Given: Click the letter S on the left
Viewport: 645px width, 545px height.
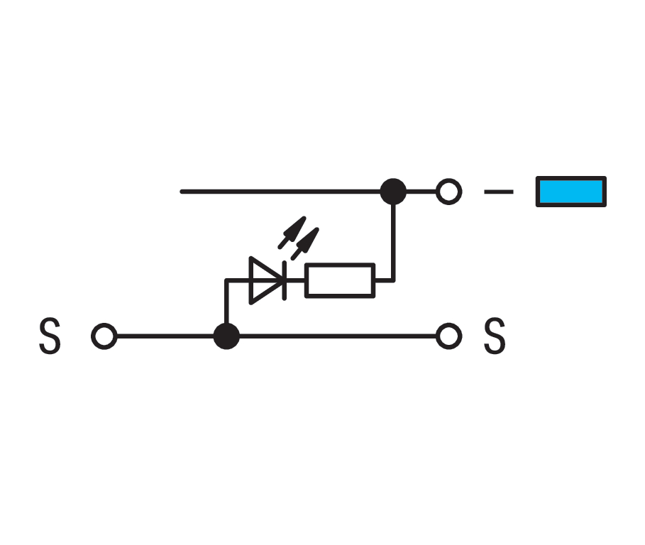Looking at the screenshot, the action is pos(50,336).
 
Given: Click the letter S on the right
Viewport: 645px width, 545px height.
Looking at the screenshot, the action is pos(495,336).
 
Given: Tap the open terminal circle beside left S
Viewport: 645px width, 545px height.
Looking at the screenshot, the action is pos(104,336).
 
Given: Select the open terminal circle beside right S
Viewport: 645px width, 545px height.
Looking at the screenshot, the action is pos(448,336).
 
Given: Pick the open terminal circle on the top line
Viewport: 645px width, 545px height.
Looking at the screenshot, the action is pos(448,192).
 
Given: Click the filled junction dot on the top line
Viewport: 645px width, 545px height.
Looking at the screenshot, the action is pos(393,192).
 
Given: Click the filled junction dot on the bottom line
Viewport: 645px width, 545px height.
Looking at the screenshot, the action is pos(226,336).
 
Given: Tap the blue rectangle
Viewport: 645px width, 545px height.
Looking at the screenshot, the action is pos(571,192).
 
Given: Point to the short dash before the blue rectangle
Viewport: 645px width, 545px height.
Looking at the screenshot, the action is pos(499,192).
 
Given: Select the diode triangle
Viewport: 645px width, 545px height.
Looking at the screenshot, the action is pos(265,280).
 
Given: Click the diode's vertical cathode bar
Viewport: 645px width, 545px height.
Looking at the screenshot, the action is pos(285,280).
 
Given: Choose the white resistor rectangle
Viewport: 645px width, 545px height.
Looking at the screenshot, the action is pos(340,280).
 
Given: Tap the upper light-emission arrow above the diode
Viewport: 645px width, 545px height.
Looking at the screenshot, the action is pos(292,232).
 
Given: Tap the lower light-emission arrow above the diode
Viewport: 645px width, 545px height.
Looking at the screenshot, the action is pos(305,244).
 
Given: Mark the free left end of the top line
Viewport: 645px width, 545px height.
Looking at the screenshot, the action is pos(182,192).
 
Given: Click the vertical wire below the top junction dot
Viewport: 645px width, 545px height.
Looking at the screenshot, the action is pos(393,243).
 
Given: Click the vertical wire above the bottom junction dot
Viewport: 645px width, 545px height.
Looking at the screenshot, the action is pos(226,302).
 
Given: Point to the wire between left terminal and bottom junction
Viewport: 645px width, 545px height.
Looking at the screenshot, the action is pos(165,336).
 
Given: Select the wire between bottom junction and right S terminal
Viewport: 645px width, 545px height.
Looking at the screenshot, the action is pos(338,336).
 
